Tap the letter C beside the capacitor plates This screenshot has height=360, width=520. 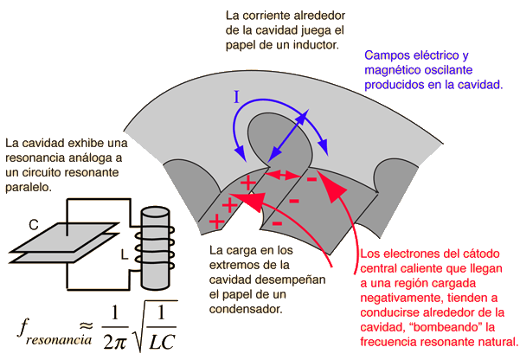[x=34, y=225]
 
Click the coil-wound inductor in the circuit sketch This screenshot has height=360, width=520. [x=157, y=247]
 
